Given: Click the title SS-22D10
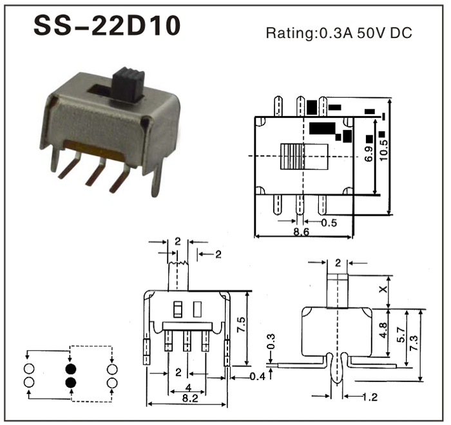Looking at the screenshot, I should click(x=106, y=27).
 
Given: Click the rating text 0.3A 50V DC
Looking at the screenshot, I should click(x=338, y=33).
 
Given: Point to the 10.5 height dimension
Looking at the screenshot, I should click(x=383, y=149).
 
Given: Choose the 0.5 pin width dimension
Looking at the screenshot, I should click(x=329, y=223).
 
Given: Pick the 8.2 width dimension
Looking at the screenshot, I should click(x=186, y=399).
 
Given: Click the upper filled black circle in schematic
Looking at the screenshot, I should click(x=71, y=369).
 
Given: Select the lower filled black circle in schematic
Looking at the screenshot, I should click(x=71, y=382).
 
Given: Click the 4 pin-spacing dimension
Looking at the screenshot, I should click(x=187, y=387).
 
